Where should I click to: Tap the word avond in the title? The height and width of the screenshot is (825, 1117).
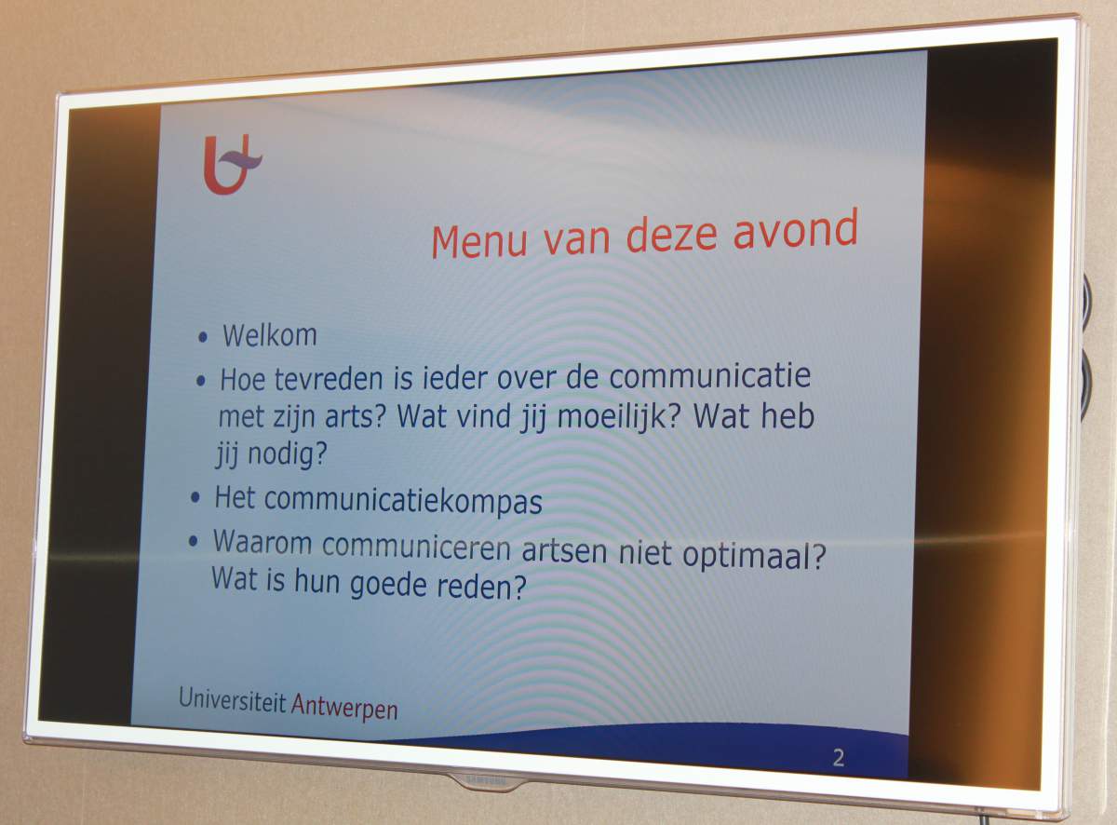[x=795, y=229]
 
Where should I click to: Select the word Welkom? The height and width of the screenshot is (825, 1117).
[x=270, y=335]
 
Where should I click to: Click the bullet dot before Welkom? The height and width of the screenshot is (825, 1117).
[x=203, y=337]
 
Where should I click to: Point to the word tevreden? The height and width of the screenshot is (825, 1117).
[x=329, y=379]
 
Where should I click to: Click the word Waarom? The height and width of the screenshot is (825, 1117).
[x=262, y=542]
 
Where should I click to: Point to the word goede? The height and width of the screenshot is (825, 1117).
[x=388, y=585]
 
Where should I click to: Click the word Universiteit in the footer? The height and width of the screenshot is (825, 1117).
[x=232, y=699]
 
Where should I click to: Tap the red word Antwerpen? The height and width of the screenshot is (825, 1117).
[x=344, y=707]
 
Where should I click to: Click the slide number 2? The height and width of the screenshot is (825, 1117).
[x=839, y=758]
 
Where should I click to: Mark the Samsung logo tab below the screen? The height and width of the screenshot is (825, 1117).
[x=487, y=780]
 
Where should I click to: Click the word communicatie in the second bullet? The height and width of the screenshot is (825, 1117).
[x=709, y=376]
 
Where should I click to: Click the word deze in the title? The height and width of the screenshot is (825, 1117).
[x=671, y=236]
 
